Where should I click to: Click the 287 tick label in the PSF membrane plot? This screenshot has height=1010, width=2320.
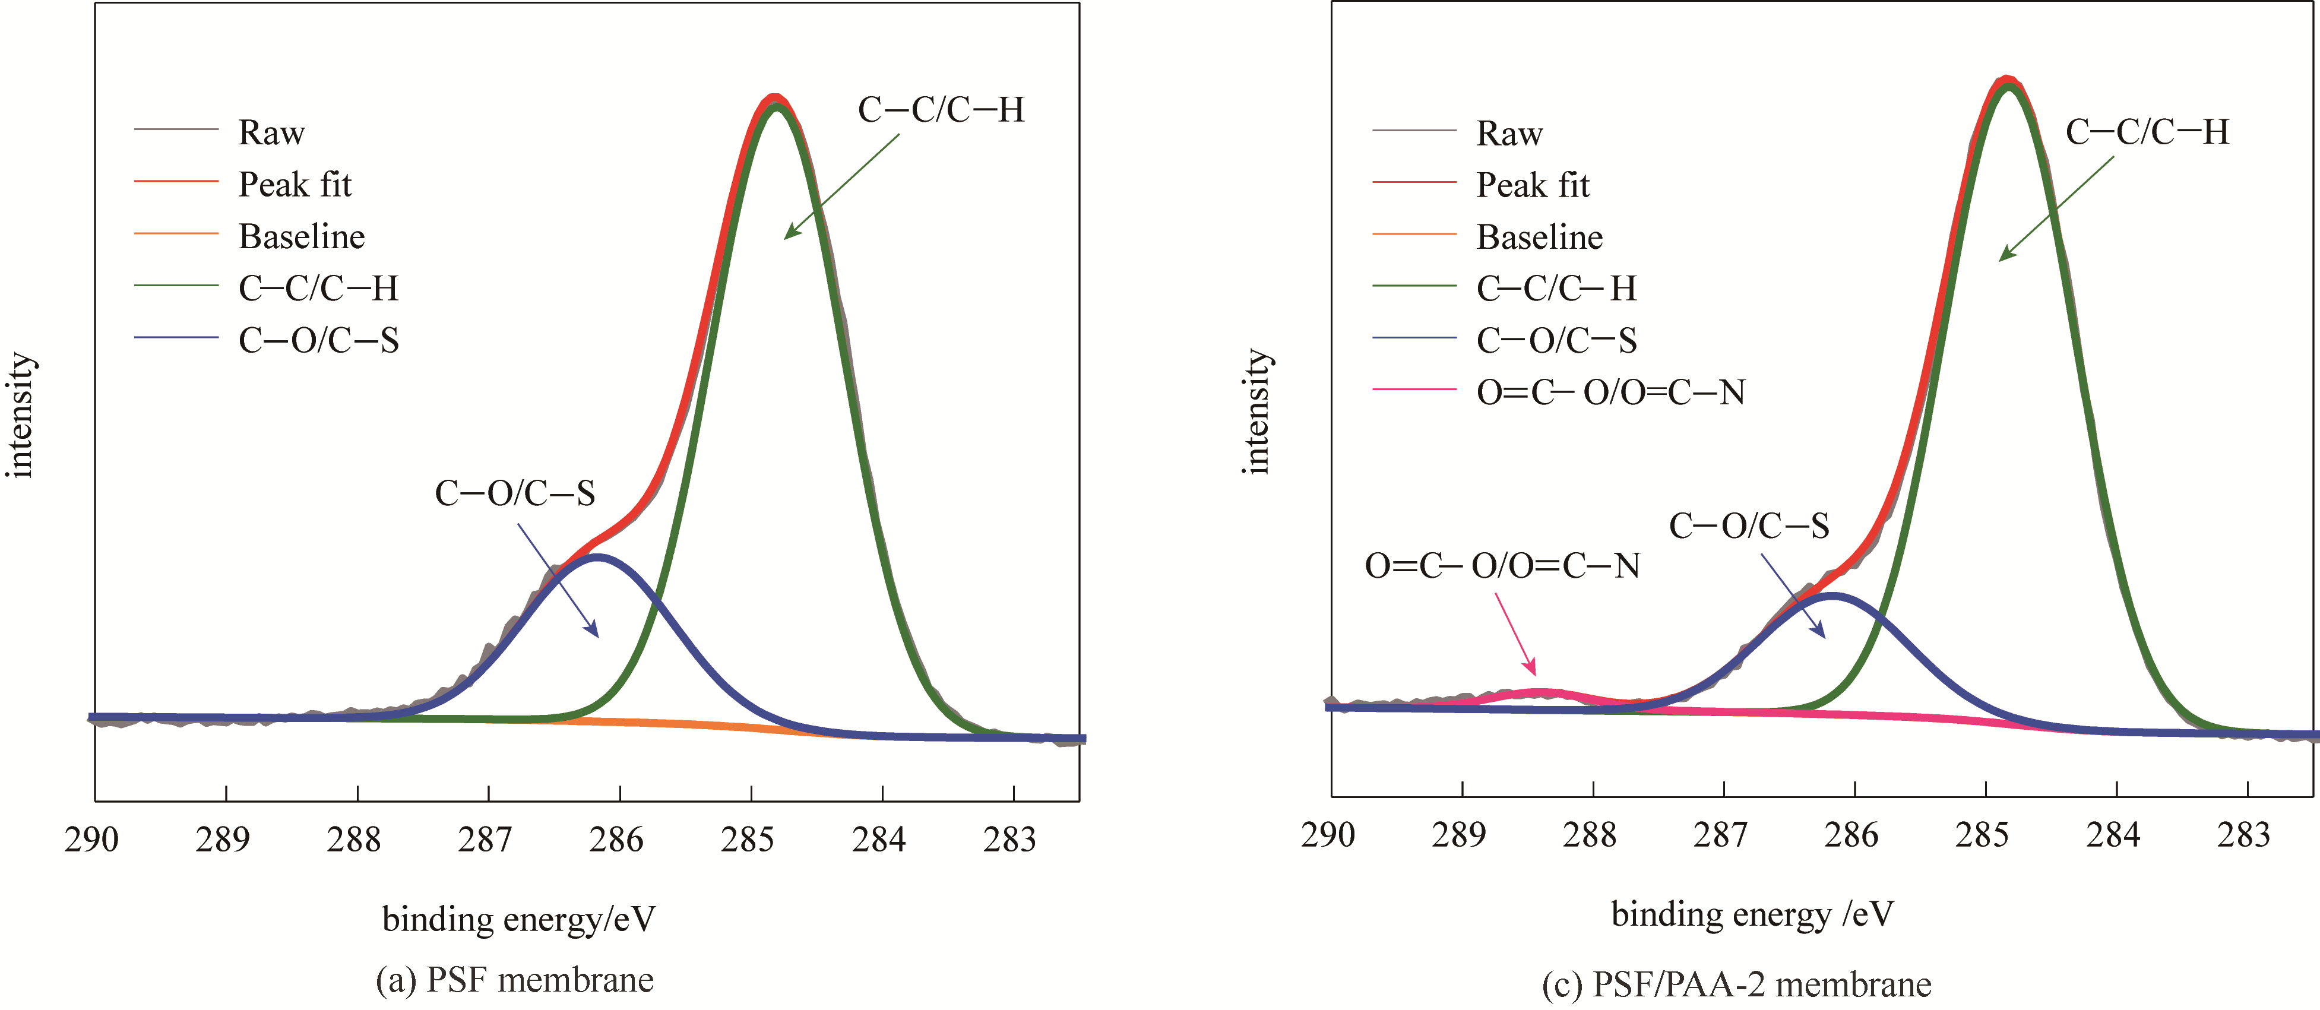485,840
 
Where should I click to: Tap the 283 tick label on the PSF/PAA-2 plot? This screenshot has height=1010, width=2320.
2243,835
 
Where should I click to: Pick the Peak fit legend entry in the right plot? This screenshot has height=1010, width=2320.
1532,185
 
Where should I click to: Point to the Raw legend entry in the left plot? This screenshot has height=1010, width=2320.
271,133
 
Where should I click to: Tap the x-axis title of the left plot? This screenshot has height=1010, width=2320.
519,919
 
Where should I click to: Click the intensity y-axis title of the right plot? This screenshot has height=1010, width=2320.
1256,411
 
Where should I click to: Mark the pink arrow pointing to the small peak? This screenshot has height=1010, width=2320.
1516,634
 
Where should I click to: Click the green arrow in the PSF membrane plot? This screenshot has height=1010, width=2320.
841,186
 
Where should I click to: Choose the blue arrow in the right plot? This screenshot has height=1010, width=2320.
1793,596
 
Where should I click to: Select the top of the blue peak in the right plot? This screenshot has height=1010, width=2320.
1832,595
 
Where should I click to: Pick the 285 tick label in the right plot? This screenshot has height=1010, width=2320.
1982,835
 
